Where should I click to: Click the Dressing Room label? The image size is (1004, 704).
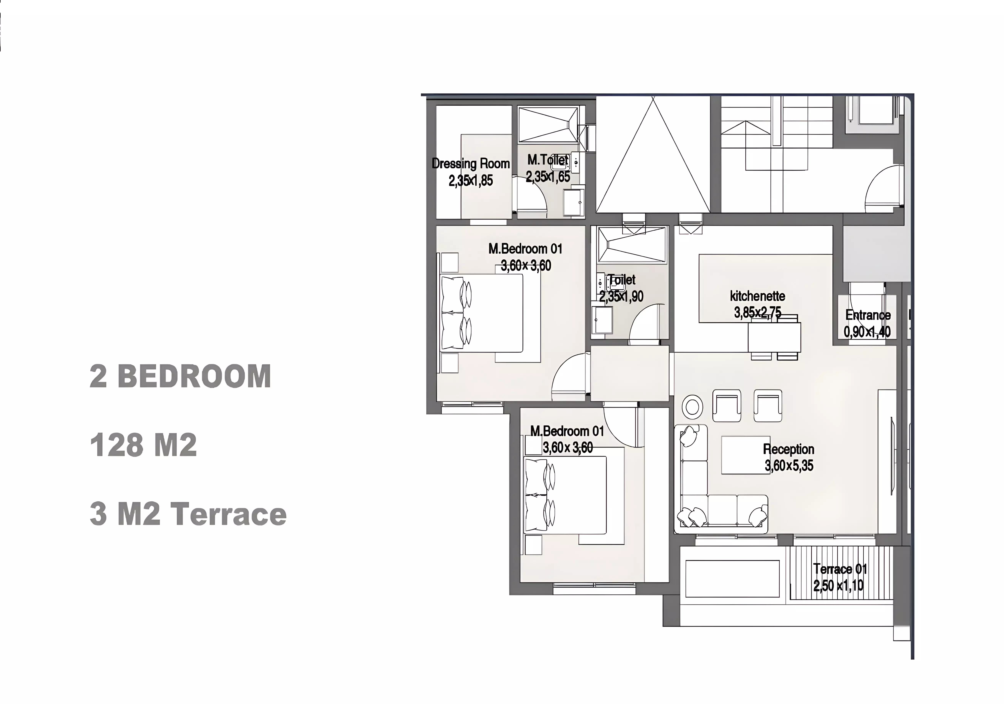[x=470, y=164]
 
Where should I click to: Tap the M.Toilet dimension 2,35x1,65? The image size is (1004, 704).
[x=548, y=177]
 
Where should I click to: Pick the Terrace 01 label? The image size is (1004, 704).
[x=840, y=569]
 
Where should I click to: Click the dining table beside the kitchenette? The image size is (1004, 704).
[x=774, y=338]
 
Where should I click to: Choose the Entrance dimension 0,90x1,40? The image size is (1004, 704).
[x=867, y=332]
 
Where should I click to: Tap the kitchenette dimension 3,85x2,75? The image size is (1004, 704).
[x=757, y=313]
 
